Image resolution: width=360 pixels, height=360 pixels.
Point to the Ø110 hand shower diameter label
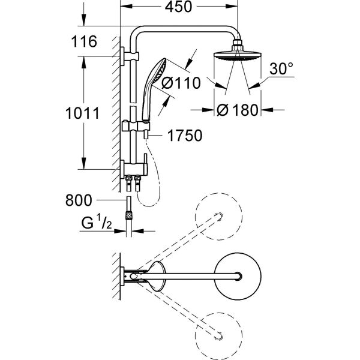click(177, 85)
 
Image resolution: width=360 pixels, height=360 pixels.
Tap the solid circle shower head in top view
click(242, 277)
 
